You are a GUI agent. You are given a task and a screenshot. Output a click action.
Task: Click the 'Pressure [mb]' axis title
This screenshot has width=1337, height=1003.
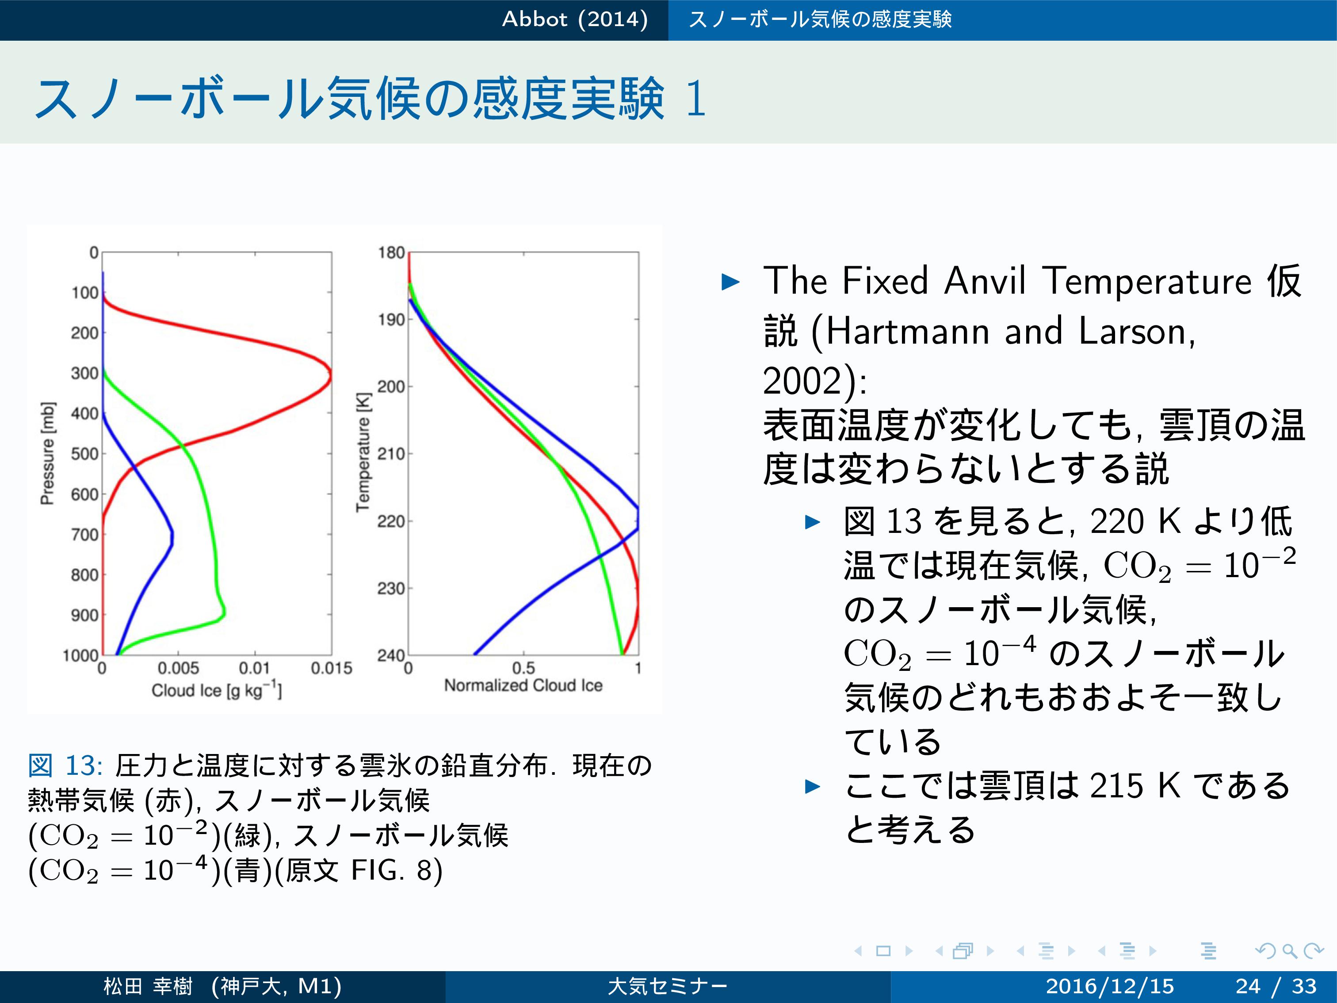[48, 453]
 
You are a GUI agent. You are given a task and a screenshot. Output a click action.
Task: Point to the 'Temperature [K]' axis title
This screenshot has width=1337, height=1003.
[363, 453]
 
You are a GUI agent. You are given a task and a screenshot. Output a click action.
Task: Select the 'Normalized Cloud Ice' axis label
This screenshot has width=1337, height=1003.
[523, 685]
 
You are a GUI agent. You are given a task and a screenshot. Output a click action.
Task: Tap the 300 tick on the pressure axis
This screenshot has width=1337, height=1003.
[84, 373]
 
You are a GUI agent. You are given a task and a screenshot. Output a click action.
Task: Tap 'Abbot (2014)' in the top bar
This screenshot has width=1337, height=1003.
[575, 19]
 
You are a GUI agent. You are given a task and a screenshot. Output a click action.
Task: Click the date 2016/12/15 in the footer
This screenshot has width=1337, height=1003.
[1110, 986]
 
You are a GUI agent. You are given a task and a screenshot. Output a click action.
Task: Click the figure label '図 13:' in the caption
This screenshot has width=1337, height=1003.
[65, 766]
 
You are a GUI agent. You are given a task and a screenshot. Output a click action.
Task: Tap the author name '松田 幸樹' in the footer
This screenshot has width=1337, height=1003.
[148, 986]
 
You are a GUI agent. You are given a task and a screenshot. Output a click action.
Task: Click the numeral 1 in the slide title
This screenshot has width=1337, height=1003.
[696, 99]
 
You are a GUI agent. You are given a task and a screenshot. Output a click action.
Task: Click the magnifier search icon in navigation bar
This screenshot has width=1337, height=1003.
[1289, 951]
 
